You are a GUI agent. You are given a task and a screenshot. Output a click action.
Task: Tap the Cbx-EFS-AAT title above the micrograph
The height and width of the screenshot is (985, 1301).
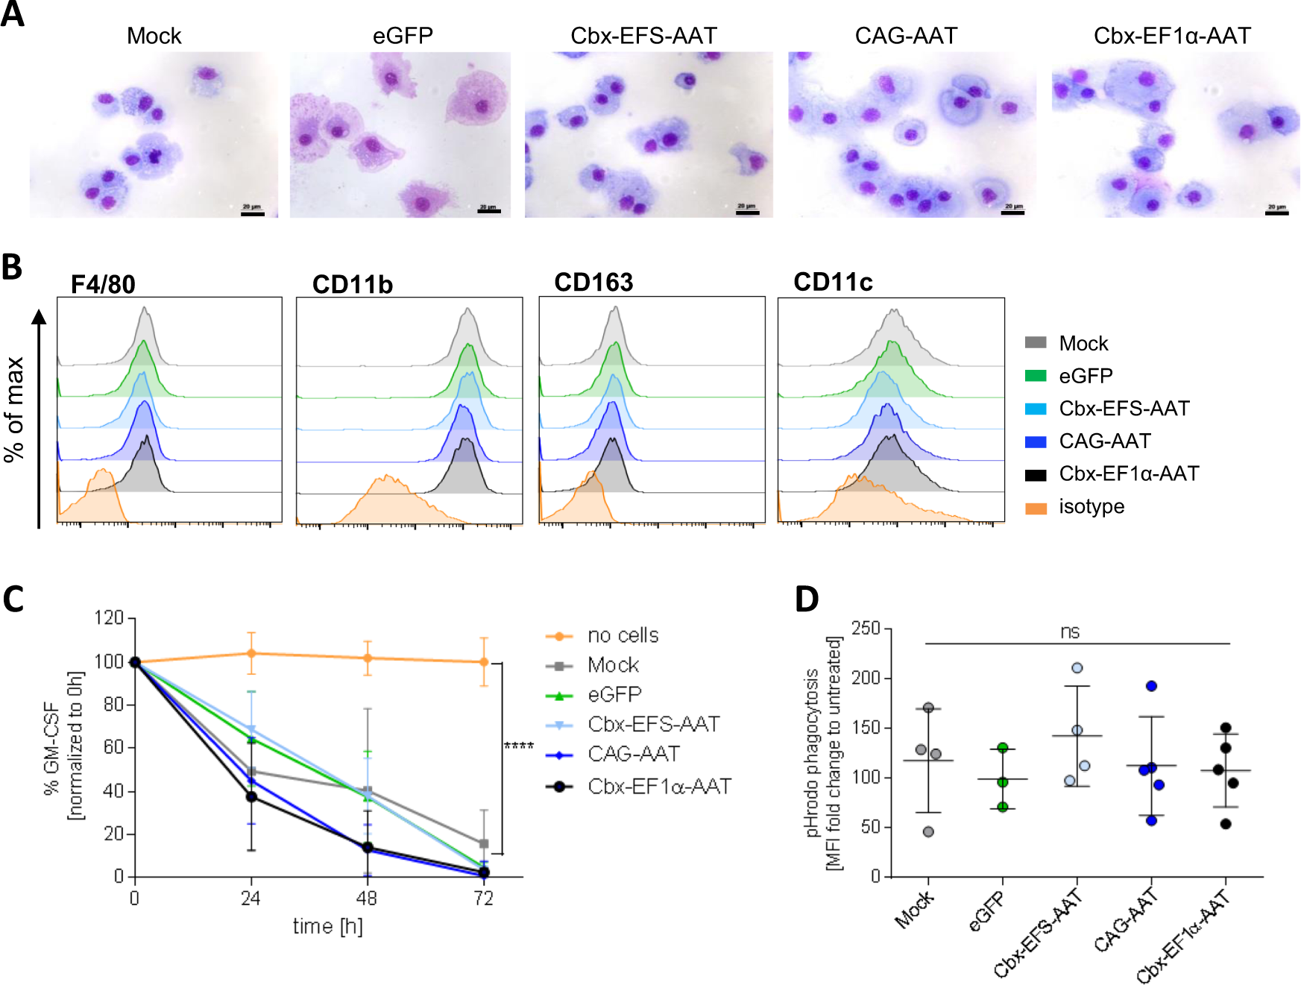643,36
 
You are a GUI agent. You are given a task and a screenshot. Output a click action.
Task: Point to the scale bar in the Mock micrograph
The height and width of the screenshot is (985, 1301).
253,213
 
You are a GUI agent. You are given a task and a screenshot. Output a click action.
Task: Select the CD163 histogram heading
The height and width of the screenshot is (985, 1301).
593,283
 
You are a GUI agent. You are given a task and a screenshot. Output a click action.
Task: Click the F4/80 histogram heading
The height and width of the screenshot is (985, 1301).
103,284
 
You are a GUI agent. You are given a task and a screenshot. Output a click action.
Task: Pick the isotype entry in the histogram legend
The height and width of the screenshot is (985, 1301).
1091,507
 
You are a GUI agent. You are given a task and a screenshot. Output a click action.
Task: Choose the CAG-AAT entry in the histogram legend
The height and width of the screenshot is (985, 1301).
1104,441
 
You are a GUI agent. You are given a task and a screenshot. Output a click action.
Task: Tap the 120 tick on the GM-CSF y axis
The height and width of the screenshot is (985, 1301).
109,618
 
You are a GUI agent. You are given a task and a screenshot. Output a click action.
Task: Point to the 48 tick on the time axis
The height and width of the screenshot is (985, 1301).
367,899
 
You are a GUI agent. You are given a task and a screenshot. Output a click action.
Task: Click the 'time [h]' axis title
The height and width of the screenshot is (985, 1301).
327,927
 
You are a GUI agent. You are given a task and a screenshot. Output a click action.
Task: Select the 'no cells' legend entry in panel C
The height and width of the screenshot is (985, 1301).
623,636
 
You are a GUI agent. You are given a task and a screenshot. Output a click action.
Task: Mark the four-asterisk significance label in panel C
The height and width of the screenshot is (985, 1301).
519,746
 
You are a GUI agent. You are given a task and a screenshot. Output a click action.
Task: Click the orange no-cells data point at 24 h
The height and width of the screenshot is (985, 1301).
251,653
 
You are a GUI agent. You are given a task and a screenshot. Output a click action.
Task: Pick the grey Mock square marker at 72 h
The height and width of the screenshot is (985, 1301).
484,844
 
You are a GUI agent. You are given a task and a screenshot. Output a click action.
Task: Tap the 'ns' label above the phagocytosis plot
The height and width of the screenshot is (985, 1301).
1070,632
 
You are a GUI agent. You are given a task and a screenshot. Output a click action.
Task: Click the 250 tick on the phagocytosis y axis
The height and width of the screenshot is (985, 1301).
866,628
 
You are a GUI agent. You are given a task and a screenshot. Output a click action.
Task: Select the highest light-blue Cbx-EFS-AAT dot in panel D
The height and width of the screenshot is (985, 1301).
1077,668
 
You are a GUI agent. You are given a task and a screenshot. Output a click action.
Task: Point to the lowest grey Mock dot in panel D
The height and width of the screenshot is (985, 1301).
928,831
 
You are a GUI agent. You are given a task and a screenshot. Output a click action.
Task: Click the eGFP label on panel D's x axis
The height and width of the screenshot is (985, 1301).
987,913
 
